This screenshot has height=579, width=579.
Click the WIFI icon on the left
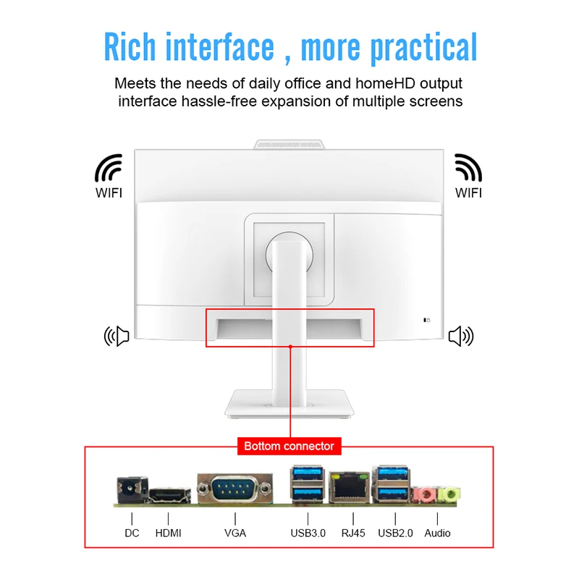(x=109, y=167)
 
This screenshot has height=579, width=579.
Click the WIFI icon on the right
(x=468, y=167)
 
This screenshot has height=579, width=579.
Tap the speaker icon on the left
(x=117, y=336)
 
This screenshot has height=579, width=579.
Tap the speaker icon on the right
(x=460, y=336)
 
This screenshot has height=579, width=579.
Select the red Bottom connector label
(x=289, y=446)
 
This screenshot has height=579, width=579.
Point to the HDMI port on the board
(x=169, y=496)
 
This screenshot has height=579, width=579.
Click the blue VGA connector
(x=234, y=490)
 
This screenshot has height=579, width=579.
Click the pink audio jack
(x=426, y=495)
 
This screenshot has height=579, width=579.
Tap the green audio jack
(x=449, y=495)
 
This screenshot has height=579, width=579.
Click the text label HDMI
(x=169, y=533)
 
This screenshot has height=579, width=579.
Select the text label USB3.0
(x=308, y=533)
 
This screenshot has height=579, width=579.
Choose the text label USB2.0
(x=396, y=533)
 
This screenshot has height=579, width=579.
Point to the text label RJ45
(x=352, y=533)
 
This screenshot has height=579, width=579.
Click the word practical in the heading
(x=424, y=48)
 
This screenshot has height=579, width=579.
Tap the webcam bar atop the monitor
(x=289, y=145)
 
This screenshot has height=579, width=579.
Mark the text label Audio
(x=437, y=533)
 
